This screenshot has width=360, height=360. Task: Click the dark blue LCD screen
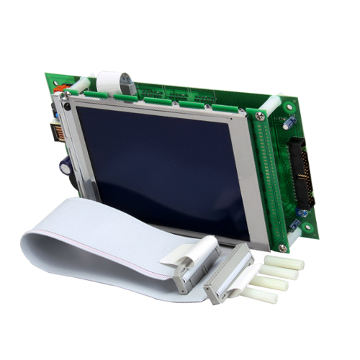162,166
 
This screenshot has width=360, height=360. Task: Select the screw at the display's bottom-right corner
282,248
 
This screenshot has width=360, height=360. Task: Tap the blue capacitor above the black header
288,123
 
